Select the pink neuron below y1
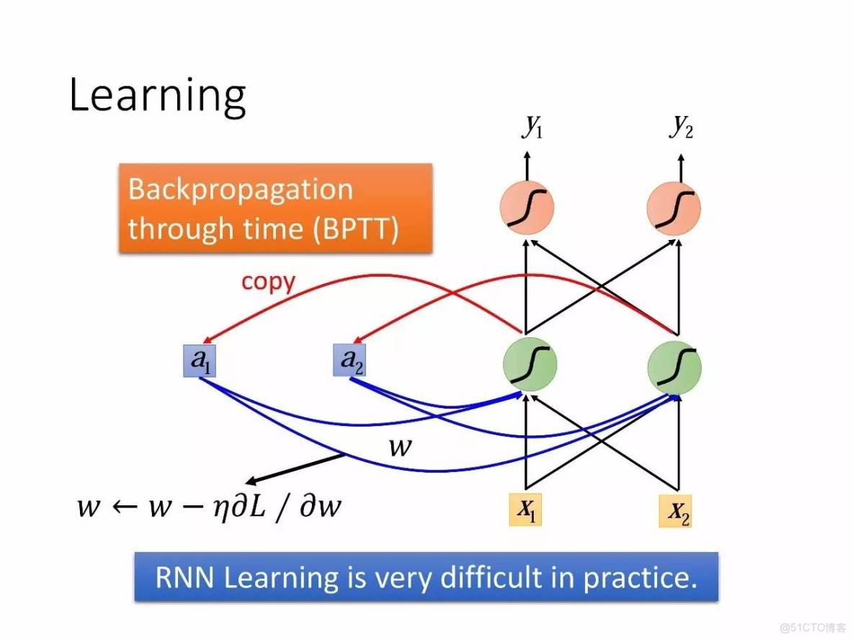click(x=527, y=208)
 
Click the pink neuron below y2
click(x=674, y=208)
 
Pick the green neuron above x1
click(x=530, y=365)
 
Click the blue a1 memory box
click(x=200, y=360)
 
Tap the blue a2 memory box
click(x=349, y=360)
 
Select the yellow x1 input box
click(x=525, y=510)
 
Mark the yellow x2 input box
click(x=675, y=511)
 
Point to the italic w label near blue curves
click(x=401, y=447)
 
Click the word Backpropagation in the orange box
click(x=241, y=190)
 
